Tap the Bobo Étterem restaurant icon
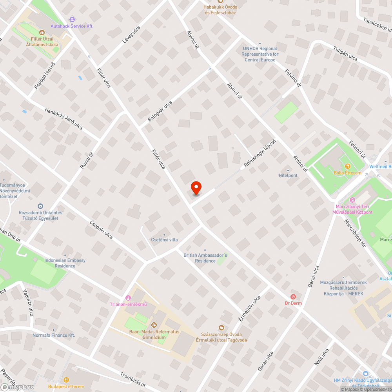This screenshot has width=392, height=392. pos(347,166)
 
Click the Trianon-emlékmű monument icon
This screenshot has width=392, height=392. pos(128,298)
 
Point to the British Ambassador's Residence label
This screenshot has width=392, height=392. pos(205,258)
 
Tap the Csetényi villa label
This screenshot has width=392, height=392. pos(165,240)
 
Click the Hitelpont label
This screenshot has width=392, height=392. pos(288,175)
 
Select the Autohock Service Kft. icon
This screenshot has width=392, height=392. pos(72,19)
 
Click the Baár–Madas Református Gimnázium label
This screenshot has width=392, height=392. pos(154,334)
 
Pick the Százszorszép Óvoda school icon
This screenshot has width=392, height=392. pos(221,327)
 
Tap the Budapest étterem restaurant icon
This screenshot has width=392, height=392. pos(66,379)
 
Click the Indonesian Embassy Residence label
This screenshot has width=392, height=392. pos(65,263)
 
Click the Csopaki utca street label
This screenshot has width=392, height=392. pos(101,231)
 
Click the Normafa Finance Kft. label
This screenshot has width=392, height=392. pos(54,336)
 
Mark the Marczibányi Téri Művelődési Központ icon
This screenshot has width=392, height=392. pos(352,200)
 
